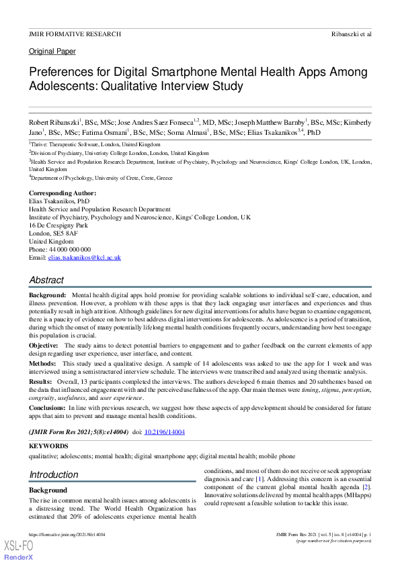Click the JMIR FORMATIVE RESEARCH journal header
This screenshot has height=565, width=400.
point(75,34)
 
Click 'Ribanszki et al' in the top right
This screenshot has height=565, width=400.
point(351,34)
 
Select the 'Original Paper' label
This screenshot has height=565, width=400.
point(52,51)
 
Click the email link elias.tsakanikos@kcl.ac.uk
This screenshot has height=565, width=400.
point(84,258)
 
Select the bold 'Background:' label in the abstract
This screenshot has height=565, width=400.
point(47,295)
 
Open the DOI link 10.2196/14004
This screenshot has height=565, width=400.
point(165,432)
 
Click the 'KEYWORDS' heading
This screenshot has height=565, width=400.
point(48,446)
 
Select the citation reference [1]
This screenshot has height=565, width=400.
point(259,479)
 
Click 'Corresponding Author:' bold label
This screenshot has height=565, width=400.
point(63,193)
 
